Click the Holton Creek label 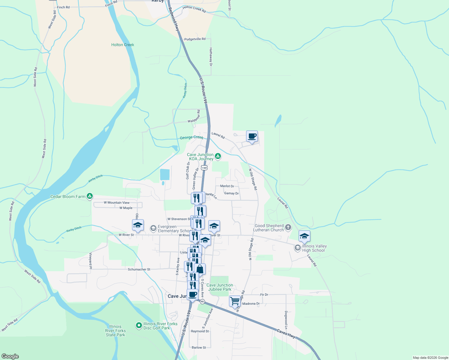point(122,45)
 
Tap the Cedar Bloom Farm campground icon point(89,196)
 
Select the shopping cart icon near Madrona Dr point(235,301)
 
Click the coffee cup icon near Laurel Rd point(252,136)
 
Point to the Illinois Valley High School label point(314,248)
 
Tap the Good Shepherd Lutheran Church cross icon point(288,228)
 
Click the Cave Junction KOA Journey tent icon point(218,156)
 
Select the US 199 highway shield point(204,168)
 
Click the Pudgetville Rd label point(195,39)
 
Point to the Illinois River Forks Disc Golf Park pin point(139,325)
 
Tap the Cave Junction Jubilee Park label point(220,287)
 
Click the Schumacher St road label point(139,269)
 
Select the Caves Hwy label point(286,333)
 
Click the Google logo point(10,356)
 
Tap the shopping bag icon point(200,269)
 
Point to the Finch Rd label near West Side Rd point(63,7)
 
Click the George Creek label point(191,137)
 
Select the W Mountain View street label point(117,202)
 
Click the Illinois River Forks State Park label point(115,331)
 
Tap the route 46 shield point(203,301)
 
